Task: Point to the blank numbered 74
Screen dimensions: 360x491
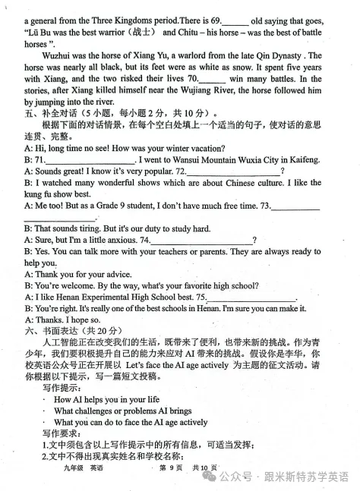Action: tap(199, 241)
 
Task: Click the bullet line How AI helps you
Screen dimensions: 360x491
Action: tap(106, 400)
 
